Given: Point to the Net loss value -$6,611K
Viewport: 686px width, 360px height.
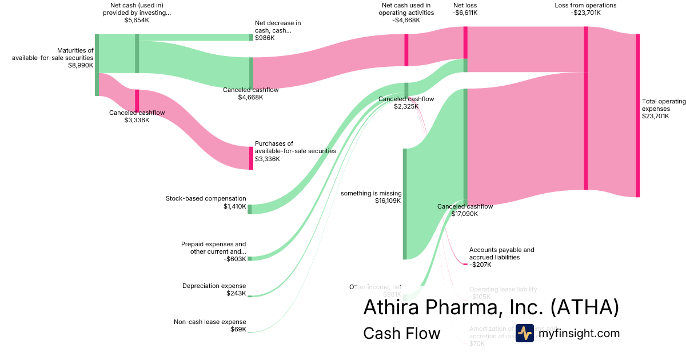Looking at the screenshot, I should pyautogui.click(x=465, y=13).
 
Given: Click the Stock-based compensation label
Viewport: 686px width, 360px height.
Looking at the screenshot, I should pyautogui.click(x=206, y=199).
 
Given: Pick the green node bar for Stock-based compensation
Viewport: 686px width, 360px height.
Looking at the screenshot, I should pyautogui.click(x=250, y=209).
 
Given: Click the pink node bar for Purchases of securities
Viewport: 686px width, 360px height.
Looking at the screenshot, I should pyautogui.click(x=250, y=158).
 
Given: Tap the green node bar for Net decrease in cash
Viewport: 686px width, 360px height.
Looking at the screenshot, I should pyautogui.click(x=250, y=37).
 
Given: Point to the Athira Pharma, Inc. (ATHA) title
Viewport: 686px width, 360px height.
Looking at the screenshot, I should pyautogui.click(x=491, y=307).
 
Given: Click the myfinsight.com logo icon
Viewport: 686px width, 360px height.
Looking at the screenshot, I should pyautogui.click(x=524, y=333).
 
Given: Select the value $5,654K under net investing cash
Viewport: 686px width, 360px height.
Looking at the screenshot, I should pyautogui.click(x=137, y=20).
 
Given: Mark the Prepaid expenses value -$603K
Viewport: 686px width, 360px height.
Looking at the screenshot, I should pyautogui.click(x=235, y=259).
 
